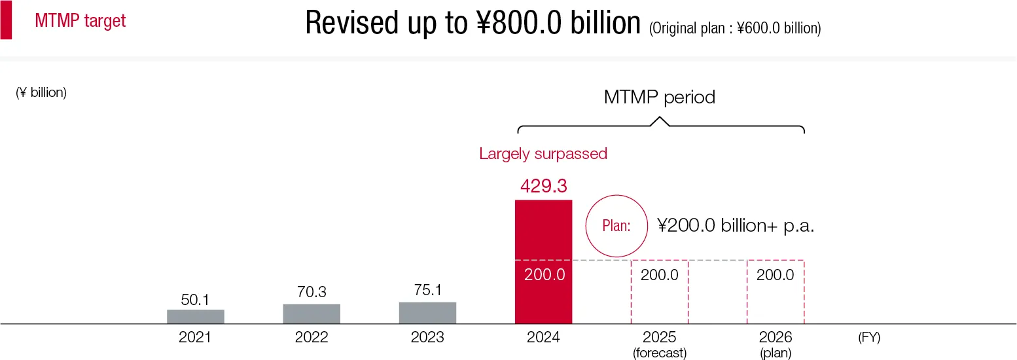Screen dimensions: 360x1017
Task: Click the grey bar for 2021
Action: (196, 317)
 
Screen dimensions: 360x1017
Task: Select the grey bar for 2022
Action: (312, 314)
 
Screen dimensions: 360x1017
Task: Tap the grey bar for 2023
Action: (427, 313)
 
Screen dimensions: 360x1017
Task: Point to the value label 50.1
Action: (196, 300)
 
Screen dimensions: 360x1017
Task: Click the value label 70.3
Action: (312, 292)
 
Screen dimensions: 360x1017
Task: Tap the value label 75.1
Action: (427, 290)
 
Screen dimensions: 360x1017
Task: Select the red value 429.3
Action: (543, 186)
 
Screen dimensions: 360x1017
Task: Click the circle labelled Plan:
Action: (616, 226)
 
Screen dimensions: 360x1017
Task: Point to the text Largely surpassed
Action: (543, 154)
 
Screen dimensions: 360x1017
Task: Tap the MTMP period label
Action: (659, 98)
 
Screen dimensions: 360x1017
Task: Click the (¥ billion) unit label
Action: (41, 92)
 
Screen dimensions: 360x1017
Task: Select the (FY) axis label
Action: (869, 338)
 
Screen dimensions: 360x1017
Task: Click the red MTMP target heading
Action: (80, 21)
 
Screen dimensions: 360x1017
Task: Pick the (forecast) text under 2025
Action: (660, 353)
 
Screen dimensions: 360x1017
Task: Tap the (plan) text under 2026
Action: (776, 353)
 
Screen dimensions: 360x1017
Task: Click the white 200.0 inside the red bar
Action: (544, 275)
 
